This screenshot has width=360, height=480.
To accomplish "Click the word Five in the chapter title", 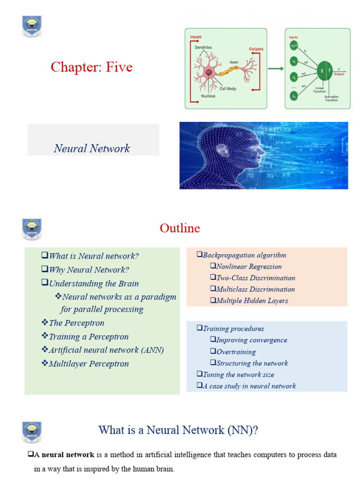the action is (119, 67).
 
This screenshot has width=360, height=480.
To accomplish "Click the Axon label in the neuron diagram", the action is (234, 62).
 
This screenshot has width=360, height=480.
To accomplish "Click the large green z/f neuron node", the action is (325, 70).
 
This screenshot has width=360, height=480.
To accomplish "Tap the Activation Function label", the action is (331, 98).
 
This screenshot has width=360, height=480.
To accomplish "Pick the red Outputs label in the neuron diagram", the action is (256, 49).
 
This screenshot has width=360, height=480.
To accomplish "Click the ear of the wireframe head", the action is (222, 150).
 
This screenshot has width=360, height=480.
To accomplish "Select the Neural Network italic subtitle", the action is (92, 149).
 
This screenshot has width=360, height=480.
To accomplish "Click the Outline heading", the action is (180, 228).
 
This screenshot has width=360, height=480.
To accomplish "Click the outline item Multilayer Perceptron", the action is (89, 364).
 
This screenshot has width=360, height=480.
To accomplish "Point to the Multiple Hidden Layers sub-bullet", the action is (252, 300).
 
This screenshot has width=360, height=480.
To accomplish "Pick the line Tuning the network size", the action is (239, 375).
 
